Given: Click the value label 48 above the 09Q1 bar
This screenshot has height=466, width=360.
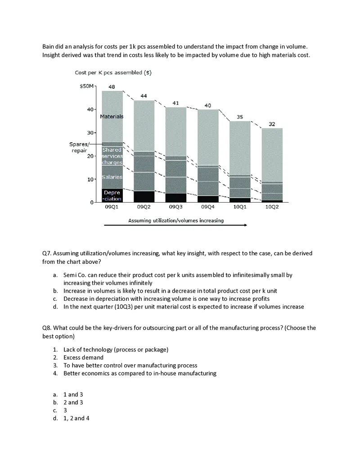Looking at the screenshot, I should click(x=112, y=86).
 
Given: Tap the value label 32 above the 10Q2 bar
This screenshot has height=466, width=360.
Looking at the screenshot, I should click(x=272, y=124).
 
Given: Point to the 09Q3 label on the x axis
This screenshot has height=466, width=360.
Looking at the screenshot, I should click(x=175, y=207).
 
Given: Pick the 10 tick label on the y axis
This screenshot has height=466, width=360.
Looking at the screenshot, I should click(x=90, y=179).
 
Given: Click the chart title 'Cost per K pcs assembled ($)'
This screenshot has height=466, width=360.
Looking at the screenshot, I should click(x=113, y=73).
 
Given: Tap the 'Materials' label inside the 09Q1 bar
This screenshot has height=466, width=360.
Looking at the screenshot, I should click(x=112, y=116).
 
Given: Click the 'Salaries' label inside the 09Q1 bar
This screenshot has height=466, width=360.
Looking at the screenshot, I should click(x=112, y=177).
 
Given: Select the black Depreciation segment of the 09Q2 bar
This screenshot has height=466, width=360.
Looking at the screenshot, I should click(x=144, y=197).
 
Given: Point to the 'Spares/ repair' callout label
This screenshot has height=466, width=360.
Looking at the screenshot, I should click(x=79, y=147).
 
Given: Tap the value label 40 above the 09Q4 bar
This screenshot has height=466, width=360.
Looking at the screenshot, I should click(x=207, y=105).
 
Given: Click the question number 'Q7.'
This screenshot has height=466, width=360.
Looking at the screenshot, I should click(x=47, y=253).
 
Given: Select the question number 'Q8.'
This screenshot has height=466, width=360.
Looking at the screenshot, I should click(x=47, y=328).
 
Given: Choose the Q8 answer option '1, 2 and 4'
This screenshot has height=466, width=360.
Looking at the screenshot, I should click(x=76, y=418).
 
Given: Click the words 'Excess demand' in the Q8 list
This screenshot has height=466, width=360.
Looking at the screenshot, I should click(x=83, y=357).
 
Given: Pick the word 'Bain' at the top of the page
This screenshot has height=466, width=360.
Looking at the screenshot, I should click(x=48, y=47).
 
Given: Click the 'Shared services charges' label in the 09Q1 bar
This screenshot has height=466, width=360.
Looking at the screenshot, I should click(x=112, y=156).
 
